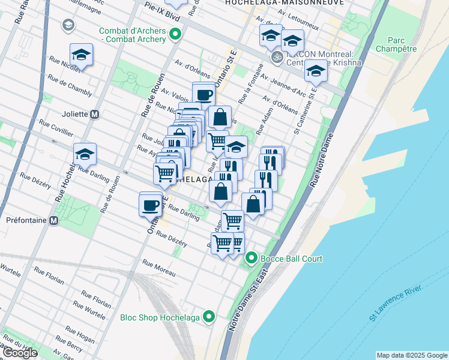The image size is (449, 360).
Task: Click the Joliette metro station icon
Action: (x=94, y=114)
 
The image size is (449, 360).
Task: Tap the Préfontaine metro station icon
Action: (x=54, y=220)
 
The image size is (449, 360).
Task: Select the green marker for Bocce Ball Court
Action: (x=252, y=259)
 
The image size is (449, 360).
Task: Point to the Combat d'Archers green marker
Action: (x=175, y=34)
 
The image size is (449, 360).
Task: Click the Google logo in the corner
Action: (x=19, y=353)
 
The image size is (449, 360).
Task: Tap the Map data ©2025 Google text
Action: (x=411, y=355)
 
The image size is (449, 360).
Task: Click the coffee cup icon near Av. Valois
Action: (x=204, y=94)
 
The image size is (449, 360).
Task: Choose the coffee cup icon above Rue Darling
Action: (x=150, y=205)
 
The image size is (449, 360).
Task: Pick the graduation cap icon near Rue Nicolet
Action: (x=81, y=55)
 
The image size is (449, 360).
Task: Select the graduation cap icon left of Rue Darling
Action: (x=85, y=154)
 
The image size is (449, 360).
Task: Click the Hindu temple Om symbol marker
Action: (x=277, y=57)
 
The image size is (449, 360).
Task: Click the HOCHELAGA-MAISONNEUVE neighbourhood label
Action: (x=285, y=3)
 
